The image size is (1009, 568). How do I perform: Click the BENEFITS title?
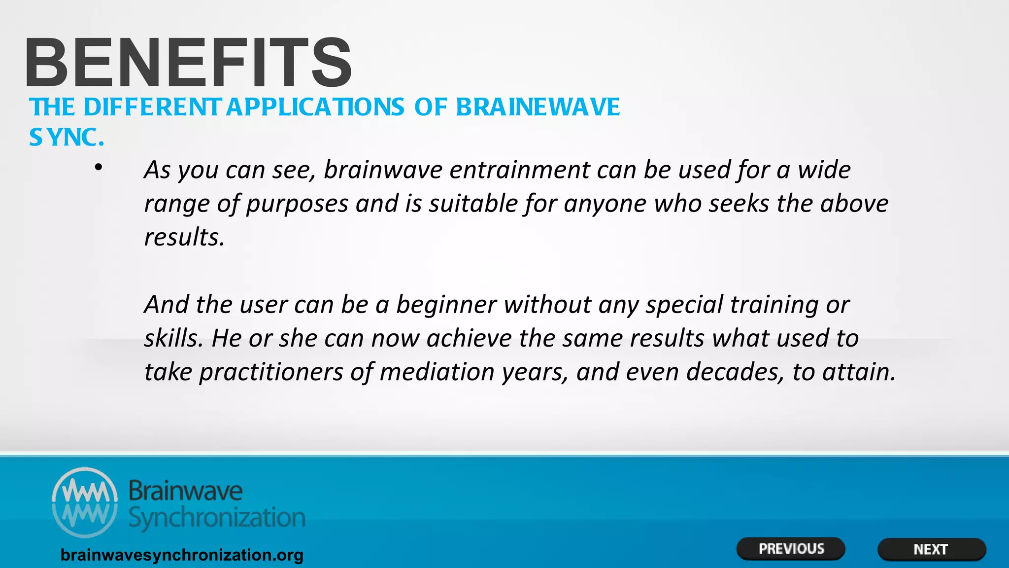pyautogui.click(x=189, y=63)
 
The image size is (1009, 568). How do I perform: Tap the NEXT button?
pyautogui.click(x=931, y=549)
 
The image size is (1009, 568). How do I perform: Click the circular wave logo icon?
pyautogui.click(x=85, y=502)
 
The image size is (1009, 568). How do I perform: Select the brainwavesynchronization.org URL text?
pyautogui.click(x=182, y=555)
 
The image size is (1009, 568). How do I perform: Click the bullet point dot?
pyautogui.click(x=99, y=168)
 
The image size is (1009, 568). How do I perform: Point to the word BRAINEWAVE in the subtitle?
pyautogui.click(x=538, y=107)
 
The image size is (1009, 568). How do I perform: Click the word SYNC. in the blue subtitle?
pyautogui.click(x=67, y=138)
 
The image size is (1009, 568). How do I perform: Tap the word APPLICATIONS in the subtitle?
pyautogui.click(x=315, y=107)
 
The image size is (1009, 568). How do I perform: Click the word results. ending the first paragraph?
pyautogui.click(x=184, y=237)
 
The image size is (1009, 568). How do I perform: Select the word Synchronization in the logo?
pyautogui.click(x=217, y=518)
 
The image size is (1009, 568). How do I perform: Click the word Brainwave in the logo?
pyautogui.click(x=185, y=491)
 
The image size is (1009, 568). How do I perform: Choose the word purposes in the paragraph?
pyautogui.click(x=297, y=204)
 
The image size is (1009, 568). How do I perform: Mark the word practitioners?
pyautogui.click(x=271, y=372)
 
